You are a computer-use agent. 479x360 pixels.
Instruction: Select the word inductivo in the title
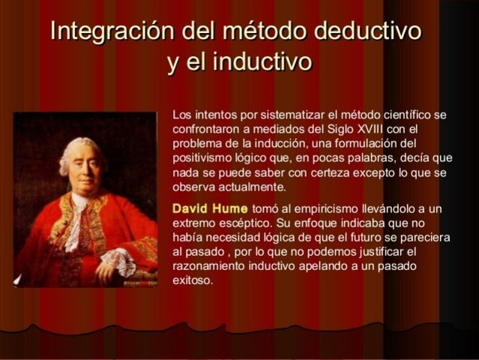(262, 61)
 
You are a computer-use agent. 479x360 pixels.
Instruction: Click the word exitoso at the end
(193, 280)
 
